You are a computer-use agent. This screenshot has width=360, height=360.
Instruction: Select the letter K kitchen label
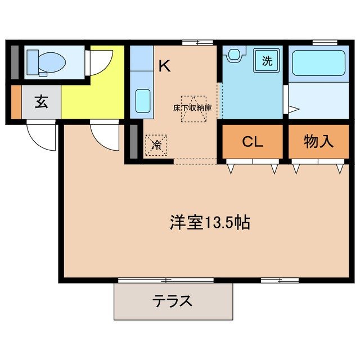164,66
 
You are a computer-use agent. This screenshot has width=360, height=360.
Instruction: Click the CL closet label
252,141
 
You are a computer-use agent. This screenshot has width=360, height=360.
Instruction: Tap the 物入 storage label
318,141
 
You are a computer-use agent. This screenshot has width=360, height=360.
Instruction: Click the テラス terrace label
173,301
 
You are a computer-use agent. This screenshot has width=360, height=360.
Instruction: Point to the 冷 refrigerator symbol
156,145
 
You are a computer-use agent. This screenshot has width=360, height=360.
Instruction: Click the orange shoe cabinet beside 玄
15,102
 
